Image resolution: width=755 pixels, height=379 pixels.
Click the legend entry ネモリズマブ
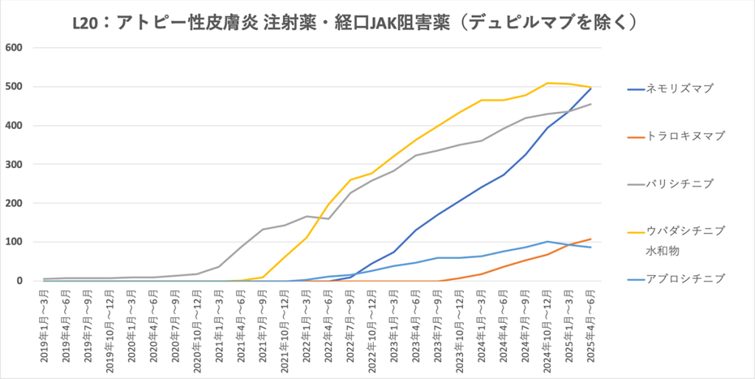681,88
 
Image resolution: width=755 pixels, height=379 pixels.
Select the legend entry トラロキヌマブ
685,136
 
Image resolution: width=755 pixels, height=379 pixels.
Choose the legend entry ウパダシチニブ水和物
685,240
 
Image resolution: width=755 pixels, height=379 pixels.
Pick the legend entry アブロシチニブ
685,278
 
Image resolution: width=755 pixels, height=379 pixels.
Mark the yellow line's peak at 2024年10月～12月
547,83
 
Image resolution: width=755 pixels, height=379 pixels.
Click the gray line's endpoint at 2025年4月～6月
591,104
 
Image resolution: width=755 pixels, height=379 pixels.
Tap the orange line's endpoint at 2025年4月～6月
591,239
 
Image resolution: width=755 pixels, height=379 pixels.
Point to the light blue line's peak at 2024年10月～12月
547,241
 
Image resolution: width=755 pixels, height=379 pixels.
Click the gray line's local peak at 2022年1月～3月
307,216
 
